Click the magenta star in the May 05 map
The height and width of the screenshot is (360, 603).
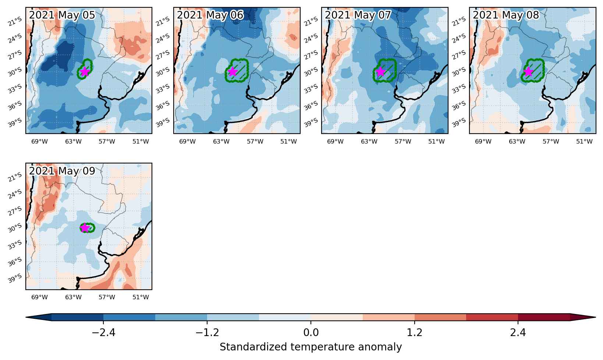85,71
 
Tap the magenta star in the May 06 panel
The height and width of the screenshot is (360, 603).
232,72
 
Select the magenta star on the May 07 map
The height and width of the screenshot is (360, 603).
380,72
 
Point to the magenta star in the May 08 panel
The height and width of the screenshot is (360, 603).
528,72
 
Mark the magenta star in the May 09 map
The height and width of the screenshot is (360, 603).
85,228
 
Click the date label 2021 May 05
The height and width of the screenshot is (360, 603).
62,15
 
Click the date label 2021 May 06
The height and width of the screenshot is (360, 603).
210,15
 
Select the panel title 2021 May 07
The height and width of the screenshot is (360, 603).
358,15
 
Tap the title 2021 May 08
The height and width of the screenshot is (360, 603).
506,15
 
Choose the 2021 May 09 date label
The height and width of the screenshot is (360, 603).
62,171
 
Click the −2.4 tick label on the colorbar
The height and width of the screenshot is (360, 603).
103,333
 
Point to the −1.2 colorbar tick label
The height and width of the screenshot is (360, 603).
207,333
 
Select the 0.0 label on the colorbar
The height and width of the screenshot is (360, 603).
311,333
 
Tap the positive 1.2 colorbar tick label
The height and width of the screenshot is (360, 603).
414,333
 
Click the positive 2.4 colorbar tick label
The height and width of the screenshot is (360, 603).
518,333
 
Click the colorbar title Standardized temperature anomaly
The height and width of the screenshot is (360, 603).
311,347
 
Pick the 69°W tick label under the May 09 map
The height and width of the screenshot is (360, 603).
39,297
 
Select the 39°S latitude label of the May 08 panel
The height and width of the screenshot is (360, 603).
459,123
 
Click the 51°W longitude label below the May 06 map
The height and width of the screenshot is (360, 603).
288,141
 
